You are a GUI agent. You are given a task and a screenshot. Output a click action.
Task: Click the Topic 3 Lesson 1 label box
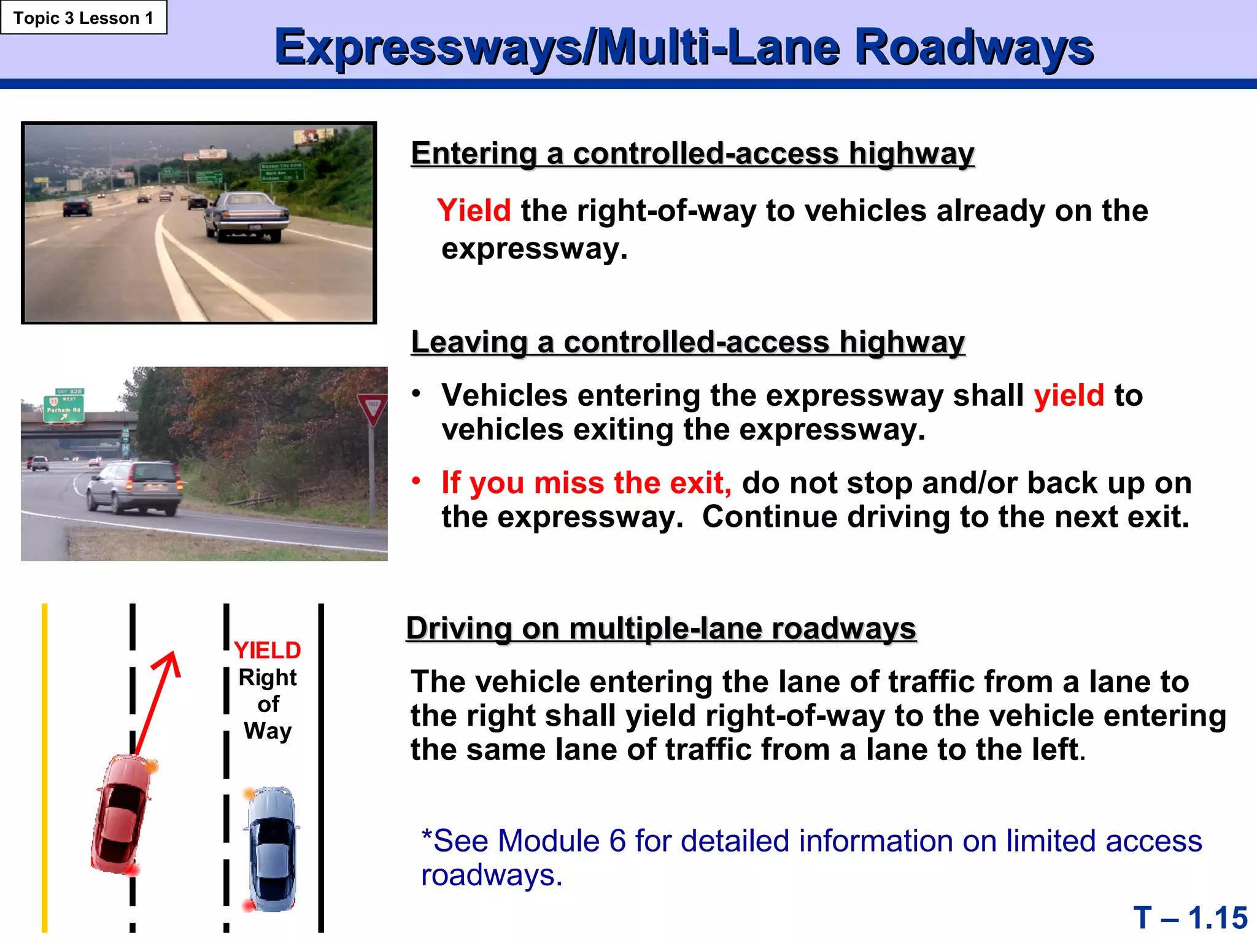point(83,18)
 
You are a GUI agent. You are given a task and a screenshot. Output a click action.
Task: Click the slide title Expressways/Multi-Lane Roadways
point(683,47)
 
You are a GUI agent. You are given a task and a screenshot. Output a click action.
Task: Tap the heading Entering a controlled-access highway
point(692,153)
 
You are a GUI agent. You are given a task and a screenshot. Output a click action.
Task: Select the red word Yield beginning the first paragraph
point(474,211)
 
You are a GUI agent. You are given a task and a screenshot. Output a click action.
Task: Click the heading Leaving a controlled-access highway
point(687,342)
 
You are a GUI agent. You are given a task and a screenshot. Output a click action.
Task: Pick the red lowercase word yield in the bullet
point(1069,395)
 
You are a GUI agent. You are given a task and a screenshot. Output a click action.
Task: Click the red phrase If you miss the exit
point(586,483)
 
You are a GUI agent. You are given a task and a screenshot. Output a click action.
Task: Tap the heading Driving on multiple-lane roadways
point(661,629)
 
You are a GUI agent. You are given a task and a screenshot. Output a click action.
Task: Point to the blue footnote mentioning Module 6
point(810,857)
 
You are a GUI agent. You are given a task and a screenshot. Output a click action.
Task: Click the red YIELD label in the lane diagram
point(267,650)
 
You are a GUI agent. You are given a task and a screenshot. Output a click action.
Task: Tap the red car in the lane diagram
point(122,813)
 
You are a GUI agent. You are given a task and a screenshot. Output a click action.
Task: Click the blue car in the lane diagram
point(272,849)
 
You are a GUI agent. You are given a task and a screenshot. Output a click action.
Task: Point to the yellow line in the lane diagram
point(45,767)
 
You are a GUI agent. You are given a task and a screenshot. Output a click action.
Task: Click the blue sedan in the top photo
point(247,215)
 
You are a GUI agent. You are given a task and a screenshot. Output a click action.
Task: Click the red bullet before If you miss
point(416,481)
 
